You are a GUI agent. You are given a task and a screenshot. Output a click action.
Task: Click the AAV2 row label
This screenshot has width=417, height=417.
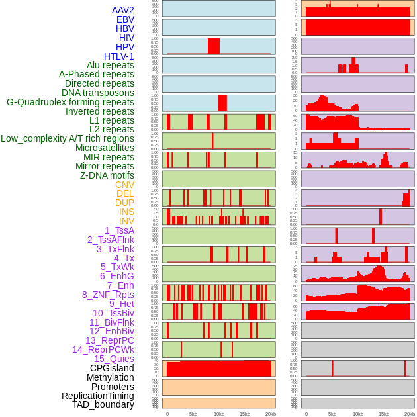(x=123, y=10)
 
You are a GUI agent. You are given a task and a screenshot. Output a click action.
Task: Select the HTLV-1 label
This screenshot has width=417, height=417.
(x=119, y=56)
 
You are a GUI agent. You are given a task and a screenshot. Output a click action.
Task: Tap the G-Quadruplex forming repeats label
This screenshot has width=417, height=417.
(x=70, y=102)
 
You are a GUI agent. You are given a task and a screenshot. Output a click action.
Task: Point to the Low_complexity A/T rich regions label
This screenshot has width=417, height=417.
(x=68, y=138)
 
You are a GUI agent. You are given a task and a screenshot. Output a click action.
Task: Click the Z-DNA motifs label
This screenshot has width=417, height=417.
(x=107, y=175)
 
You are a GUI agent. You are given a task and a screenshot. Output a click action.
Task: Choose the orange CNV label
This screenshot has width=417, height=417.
(x=124, y=185)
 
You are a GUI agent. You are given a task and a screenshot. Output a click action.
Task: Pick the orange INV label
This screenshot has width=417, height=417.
(x=126, y=221)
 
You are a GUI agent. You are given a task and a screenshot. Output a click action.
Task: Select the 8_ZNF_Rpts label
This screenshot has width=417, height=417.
(x=108, y=295)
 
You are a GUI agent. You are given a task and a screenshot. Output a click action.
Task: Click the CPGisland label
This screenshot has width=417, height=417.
(x=112, y=368)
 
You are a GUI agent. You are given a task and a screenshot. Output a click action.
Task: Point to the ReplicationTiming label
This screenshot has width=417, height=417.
(x=98, y=396)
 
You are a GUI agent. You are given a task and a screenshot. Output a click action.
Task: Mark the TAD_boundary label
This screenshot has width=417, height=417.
(x=103, y=404)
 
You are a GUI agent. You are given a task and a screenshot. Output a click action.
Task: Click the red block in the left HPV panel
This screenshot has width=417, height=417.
(x=214, y=46)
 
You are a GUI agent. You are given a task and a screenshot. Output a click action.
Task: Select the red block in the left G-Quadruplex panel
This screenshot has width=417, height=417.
(x=222, y=103)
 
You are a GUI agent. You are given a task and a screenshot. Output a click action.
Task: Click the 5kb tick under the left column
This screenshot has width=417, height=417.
(x=193, y=414)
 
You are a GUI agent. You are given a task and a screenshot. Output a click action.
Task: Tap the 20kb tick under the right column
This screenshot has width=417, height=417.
(x=410, y=414)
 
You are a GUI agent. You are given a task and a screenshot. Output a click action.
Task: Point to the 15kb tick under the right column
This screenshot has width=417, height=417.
(x=384, y=414)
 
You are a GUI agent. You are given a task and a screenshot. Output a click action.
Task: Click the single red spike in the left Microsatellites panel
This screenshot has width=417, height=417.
(x=212, y=141)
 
